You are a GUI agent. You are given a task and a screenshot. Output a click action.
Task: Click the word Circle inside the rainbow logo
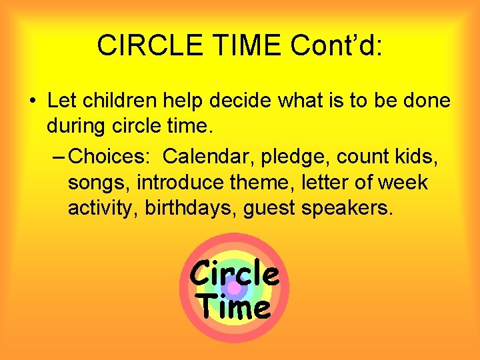tap(234, 273)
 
